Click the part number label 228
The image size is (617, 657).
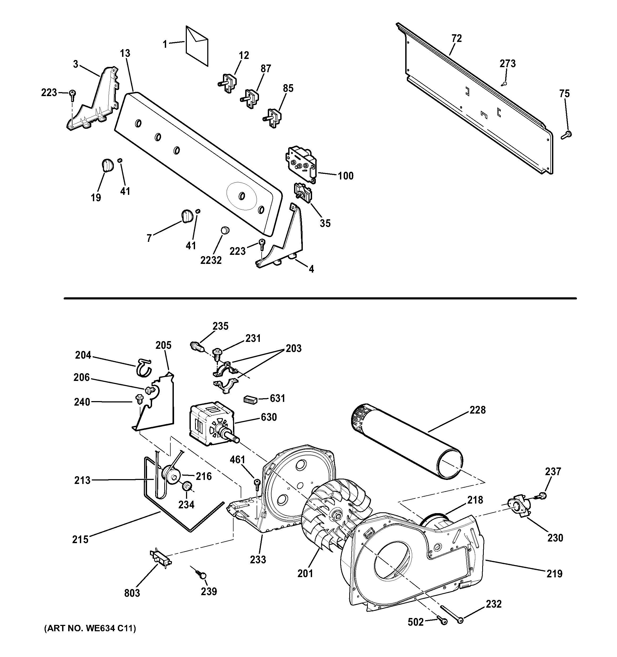point(478,410)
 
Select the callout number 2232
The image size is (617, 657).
point(211,260)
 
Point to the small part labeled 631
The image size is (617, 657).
point(250,400)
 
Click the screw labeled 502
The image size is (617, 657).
point(442,621)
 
